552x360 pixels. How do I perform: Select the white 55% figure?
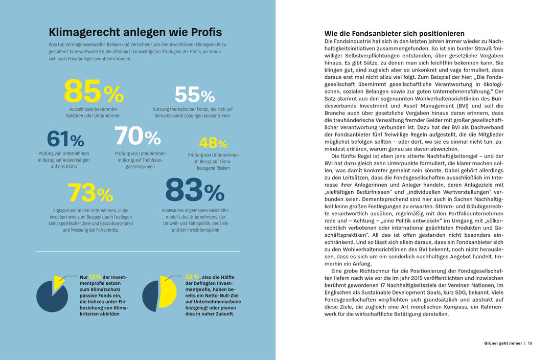(194, 95)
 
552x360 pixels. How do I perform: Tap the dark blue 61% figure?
(65, 139)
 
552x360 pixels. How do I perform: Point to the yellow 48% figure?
(213, 143)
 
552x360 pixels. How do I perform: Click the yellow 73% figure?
(90, 193)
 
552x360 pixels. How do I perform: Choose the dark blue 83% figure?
(194, 191)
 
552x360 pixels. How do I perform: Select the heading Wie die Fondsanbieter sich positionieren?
(395, 33)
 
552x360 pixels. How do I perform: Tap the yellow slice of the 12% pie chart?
(58, 282)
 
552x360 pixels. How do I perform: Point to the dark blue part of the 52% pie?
(150, 296)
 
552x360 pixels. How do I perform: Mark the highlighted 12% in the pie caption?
(95, 277)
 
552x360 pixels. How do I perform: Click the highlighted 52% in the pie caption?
(192, 277)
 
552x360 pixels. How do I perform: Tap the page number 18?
(530, 343)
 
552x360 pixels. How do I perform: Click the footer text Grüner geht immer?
(503, 343)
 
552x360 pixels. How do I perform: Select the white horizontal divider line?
(138, 252)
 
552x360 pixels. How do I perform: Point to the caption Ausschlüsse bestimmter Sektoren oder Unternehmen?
(94, 112)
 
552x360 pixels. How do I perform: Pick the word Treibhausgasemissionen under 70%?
(140, 163)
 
